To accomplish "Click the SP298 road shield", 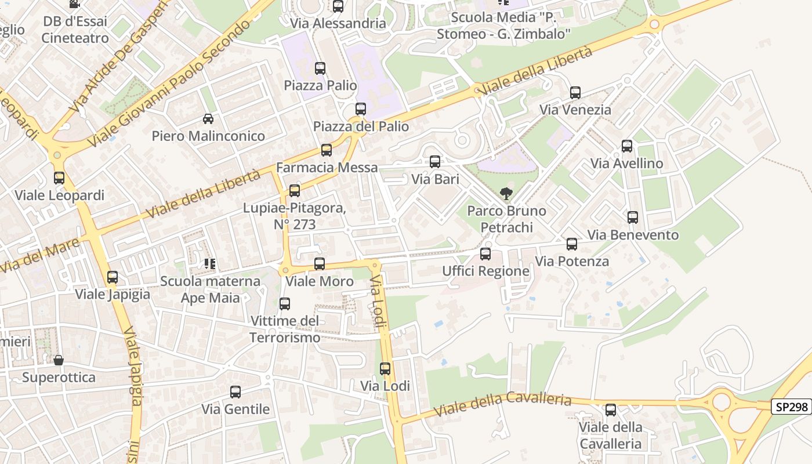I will point(791,407).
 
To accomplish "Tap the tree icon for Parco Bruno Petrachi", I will point(506,194).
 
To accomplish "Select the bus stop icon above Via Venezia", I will point(575,93).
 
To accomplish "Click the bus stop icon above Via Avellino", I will point(626,146).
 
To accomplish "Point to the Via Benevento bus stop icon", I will point(632,217).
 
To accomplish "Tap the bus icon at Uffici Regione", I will point(485,254).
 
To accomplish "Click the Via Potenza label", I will point(572,261).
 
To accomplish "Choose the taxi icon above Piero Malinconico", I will point(208,119).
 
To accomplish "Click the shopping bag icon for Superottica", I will point(58,361).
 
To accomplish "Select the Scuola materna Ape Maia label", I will point(210,289).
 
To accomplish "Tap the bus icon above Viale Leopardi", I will point(59,178).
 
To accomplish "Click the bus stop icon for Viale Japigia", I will point(113,277).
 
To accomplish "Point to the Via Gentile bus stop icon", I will point(235,392).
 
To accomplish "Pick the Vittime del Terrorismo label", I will point(285,329).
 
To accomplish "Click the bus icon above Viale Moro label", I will point(319,264).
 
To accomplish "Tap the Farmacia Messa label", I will point(327,168).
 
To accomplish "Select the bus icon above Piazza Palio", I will point(320,68).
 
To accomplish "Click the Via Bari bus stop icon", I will point(434,162).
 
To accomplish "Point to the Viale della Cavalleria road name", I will point(503,404).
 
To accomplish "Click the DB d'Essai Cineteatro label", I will point(75,30).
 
